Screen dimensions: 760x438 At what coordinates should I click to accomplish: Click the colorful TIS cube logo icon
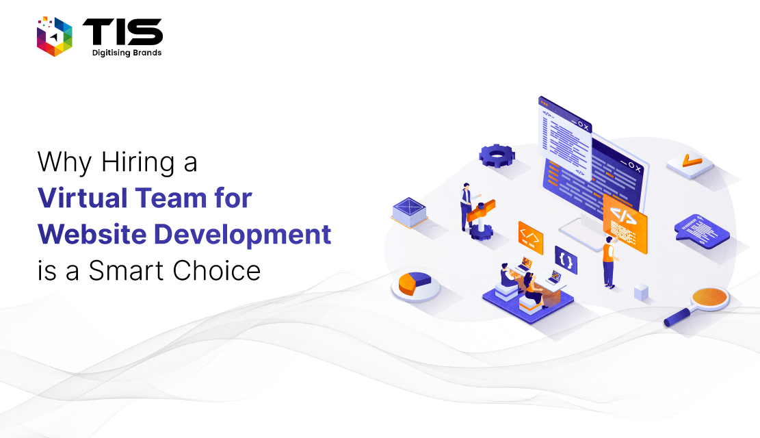(x=54, y=36)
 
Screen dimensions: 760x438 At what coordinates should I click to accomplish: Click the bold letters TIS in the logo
(x=122, y=32)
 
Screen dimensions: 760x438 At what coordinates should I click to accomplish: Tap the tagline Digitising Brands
(x=127, y=53)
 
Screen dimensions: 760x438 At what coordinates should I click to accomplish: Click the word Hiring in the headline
(x=138, y=162)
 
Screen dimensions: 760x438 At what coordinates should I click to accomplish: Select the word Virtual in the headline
(x=82, y=198)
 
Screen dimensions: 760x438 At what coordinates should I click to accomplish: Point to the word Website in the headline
(x=92, y=234)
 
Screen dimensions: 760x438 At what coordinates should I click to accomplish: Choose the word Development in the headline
(x=242, y=235)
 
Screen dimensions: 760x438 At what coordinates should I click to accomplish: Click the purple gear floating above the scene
(x=497, y=156)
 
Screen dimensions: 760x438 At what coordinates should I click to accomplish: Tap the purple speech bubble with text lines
(x=701, y=231)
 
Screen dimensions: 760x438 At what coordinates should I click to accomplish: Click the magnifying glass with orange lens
(x=698, y=306)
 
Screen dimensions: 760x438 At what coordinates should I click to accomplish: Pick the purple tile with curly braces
(x=566, y=260)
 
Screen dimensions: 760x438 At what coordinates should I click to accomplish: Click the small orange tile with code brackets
(x=530, y=237)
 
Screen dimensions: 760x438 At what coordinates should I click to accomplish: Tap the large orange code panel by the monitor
(x=625, y=223)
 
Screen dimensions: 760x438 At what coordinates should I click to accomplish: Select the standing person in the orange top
(x=610, y=262)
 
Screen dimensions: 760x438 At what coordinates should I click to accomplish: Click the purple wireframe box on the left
(x=410, y=212)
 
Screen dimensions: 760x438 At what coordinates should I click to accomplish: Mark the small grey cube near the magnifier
(x=641, y=292)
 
